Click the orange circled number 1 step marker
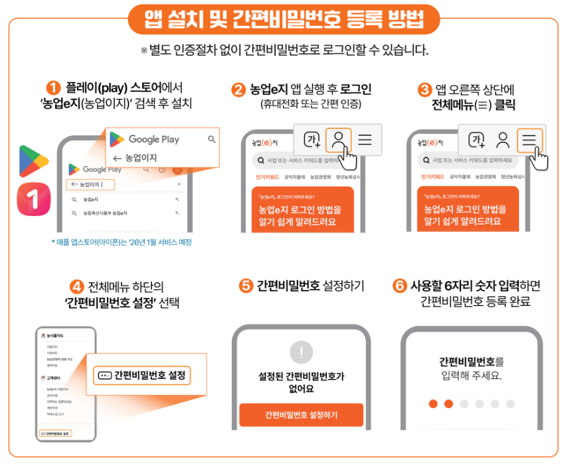(54, 88)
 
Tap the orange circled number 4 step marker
(77, 287)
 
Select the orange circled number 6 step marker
(399, 286)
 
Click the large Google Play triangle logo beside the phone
(33, 160)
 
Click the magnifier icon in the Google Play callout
(211, 140)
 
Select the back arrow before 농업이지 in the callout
(117, 158)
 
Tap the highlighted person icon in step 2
(339, 140)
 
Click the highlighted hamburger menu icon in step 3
(529, 140)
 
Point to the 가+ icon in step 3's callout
(476, 140)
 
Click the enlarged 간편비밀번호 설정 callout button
(142, 376)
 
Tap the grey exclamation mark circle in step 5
(301, 352)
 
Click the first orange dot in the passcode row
(433, 404)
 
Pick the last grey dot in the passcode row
(510, 404)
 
